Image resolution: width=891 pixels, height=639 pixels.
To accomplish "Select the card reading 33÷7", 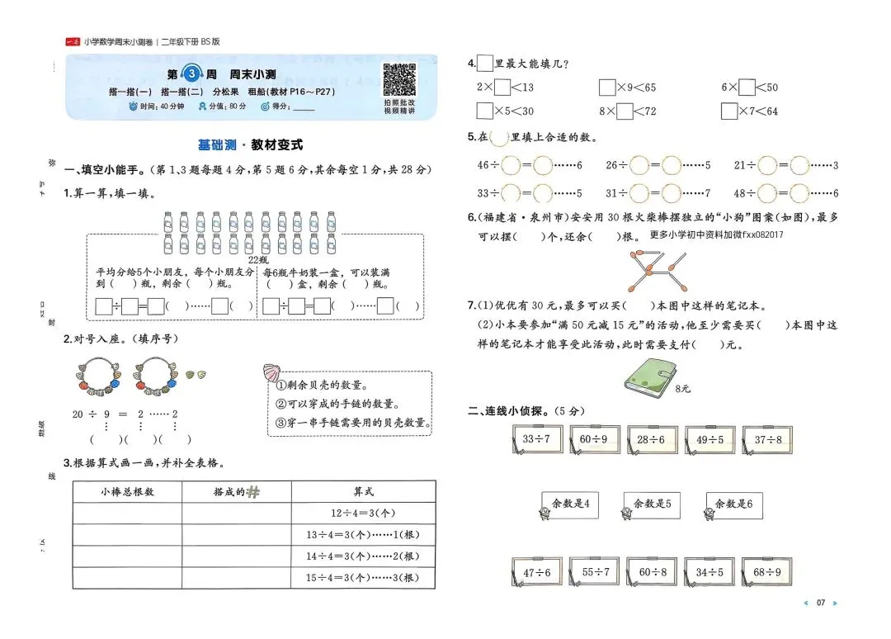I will [x=536, y=440].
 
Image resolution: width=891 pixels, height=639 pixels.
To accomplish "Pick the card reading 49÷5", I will [x=709, y=440].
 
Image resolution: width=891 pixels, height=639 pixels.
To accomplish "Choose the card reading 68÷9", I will [x=767, y=571].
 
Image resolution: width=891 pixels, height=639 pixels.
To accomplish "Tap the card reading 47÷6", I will [x=536, y=571].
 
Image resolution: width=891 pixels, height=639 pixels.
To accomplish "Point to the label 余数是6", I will [x=733, y=504].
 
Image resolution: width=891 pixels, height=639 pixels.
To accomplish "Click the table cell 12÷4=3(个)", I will [x=363, y=513].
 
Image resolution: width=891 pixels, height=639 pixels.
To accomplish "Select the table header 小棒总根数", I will [x=127, y=491].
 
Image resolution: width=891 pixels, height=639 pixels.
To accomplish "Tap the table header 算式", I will [x=363, y=491].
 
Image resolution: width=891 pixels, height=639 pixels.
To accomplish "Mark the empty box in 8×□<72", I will [x=625, y=111].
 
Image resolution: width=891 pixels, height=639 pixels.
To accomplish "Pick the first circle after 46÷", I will [x=511, y=165].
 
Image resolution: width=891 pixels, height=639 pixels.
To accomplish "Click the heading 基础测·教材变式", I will [x=250, y=144].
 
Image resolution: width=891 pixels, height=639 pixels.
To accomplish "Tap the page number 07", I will [x=820, y=603].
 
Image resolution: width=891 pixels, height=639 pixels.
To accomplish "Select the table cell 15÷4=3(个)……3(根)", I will [x=363, y=577].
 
